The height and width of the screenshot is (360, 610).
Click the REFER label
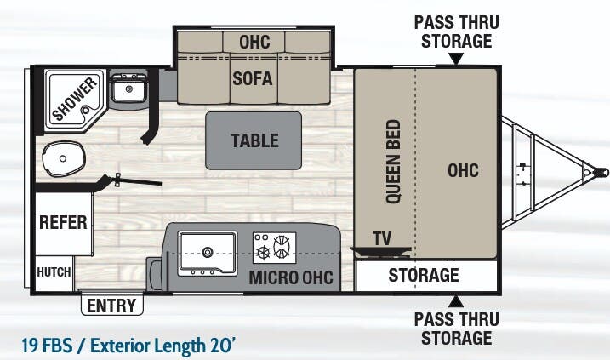coord(63,222)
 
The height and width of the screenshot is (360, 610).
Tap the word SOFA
coord(253,79)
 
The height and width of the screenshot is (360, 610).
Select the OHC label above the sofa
coord(254,41)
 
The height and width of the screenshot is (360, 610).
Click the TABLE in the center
coord(254,140)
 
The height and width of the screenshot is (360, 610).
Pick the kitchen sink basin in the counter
coord(207,244)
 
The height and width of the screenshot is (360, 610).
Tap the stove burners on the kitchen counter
coord(273,248)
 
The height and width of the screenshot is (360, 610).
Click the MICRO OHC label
coord(290,277)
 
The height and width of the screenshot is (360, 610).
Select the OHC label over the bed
coord(463,170)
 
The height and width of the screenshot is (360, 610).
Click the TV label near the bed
coord(382,237)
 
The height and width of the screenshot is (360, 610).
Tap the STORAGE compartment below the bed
coord(424,275)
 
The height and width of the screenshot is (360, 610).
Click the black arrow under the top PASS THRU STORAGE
coord(456,60)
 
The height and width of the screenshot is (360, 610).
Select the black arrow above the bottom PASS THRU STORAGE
coord(456,300)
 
